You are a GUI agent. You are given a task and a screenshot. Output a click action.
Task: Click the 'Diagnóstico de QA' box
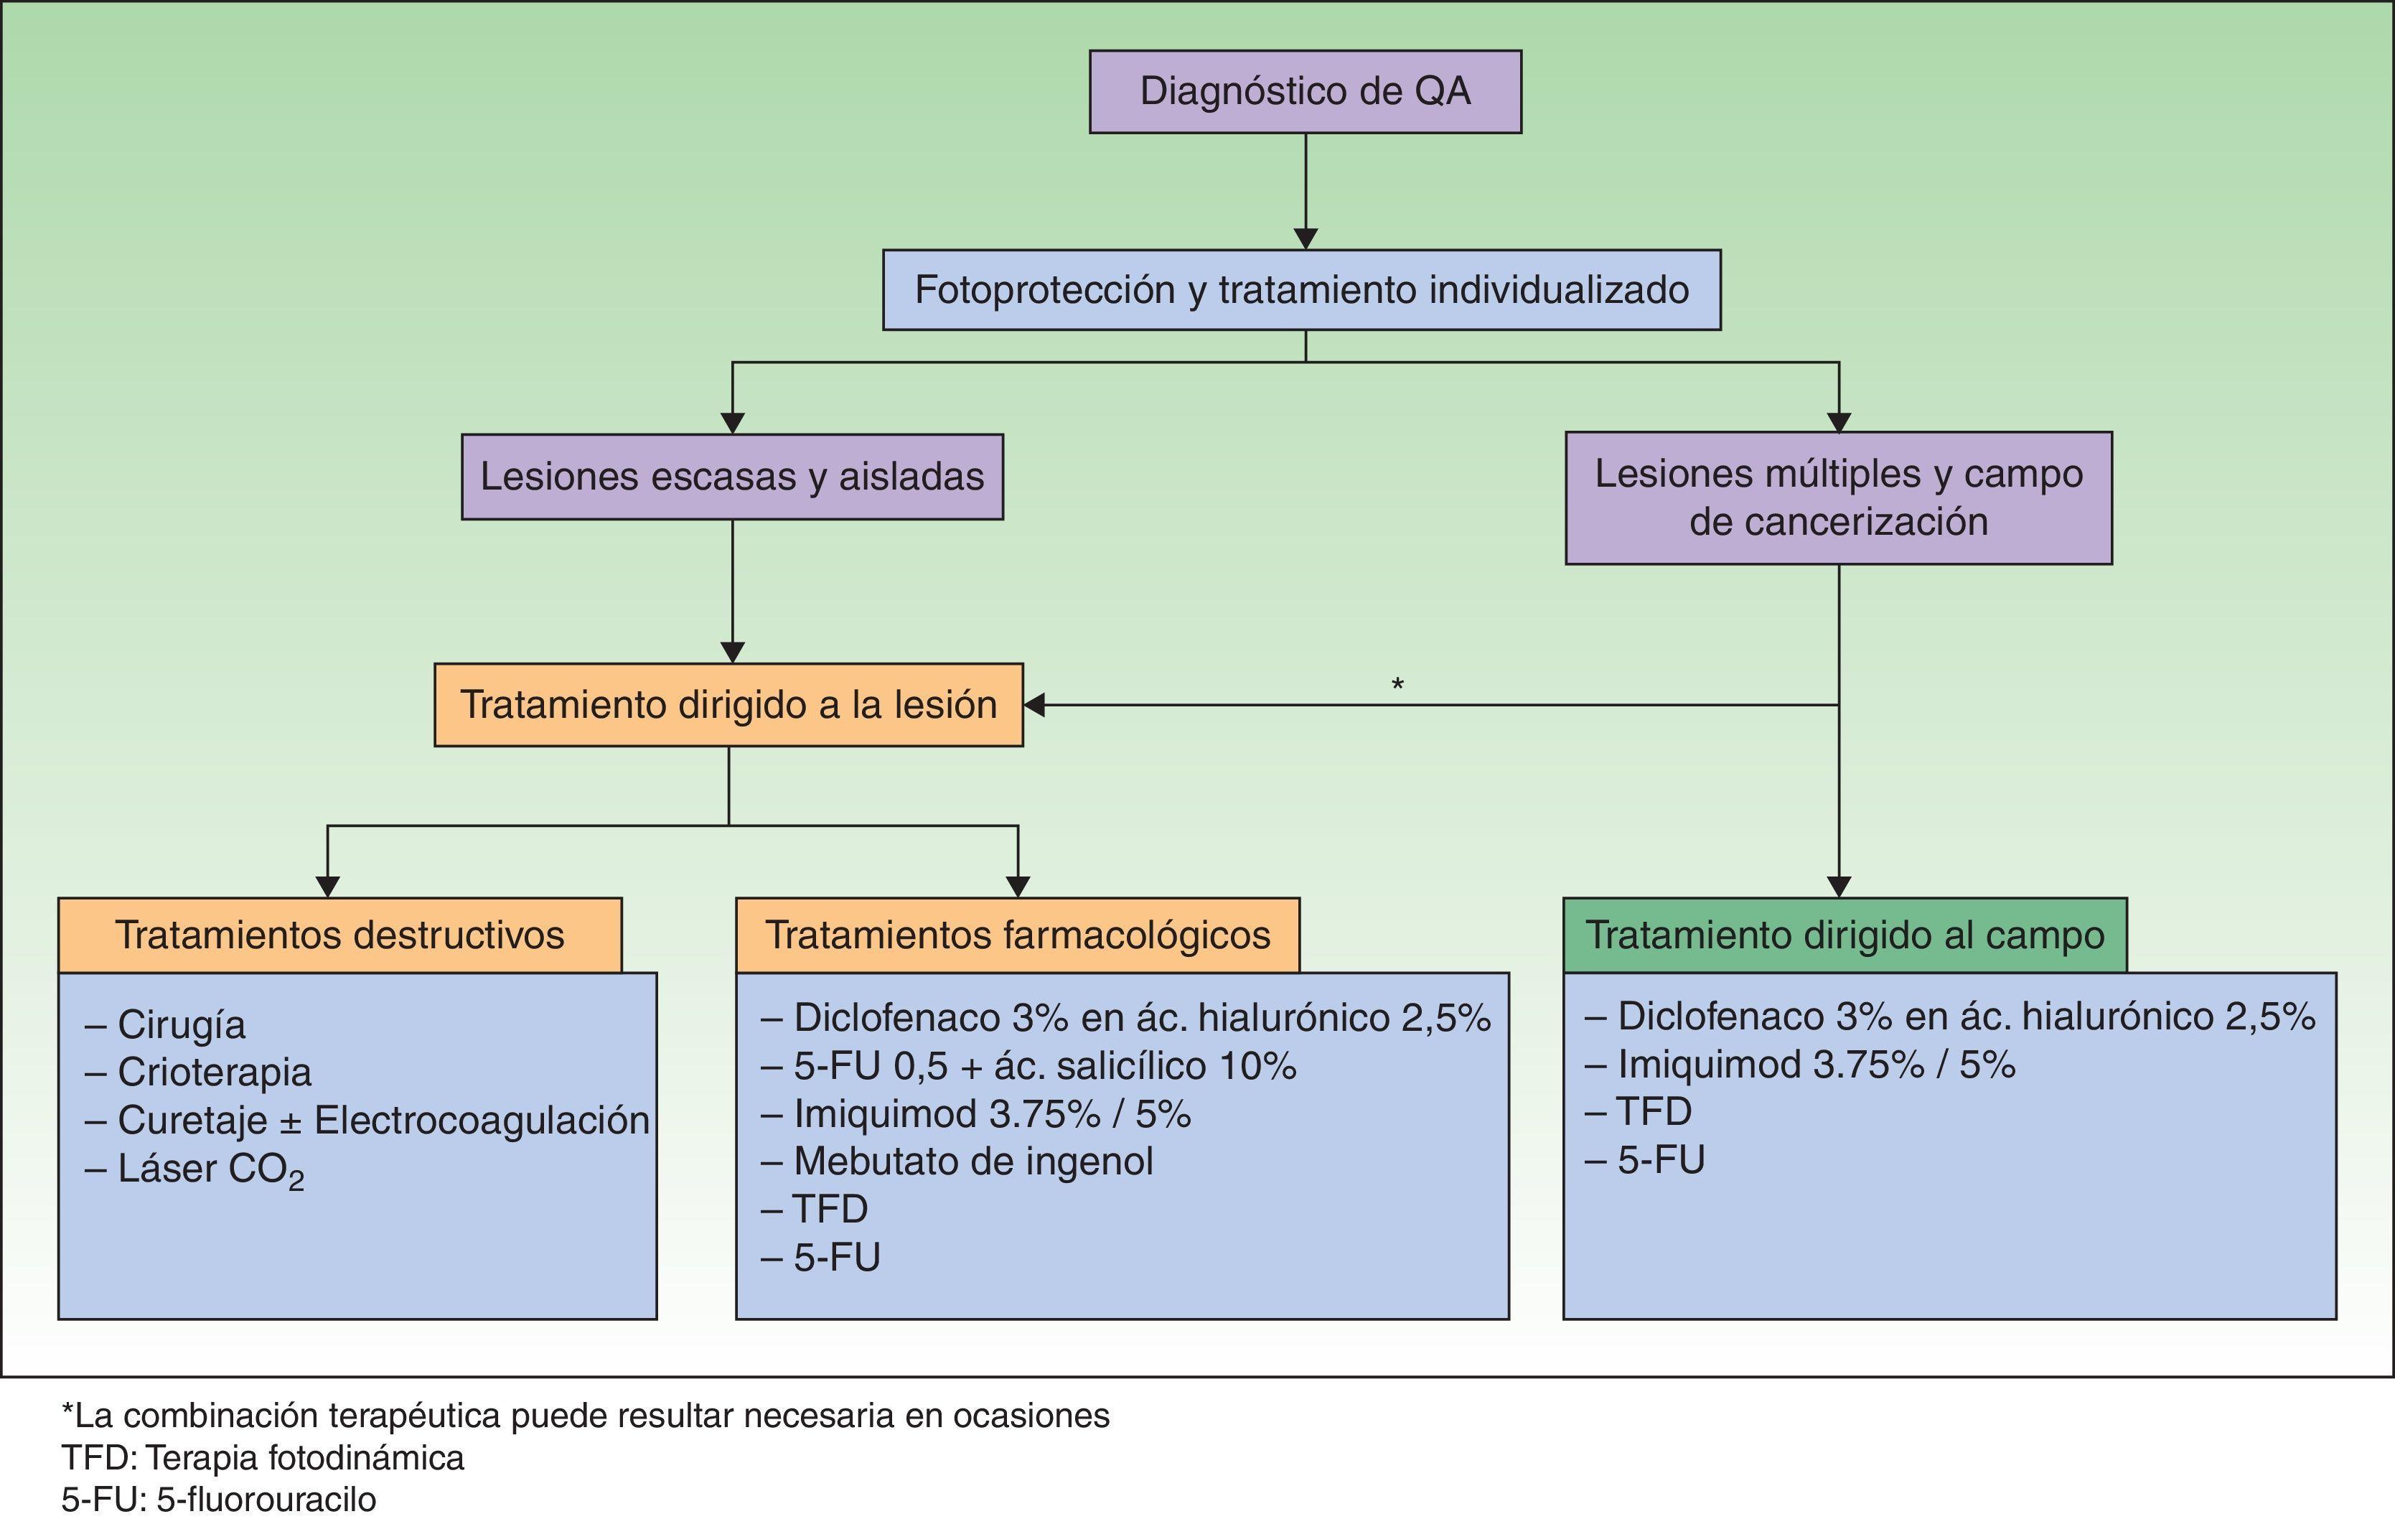coord(1305,91)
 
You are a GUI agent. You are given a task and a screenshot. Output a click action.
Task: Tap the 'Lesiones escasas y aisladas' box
coord(732,477)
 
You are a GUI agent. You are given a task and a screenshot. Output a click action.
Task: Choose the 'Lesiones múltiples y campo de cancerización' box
coord(1838,497)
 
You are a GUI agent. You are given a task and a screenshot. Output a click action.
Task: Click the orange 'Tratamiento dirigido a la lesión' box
coord(728,705)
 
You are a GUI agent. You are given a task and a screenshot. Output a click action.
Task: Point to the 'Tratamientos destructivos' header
coord(340,935)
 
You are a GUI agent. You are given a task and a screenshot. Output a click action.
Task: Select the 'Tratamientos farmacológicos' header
coord(1018,935)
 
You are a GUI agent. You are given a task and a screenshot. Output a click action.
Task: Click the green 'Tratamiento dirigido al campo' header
coord(1845,935)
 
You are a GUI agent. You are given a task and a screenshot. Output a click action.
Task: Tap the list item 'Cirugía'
coord(181,1024)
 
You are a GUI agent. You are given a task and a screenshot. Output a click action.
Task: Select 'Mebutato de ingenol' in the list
coord(972,1161)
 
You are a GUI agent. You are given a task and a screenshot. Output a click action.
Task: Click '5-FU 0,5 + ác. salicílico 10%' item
coord(1044,1066)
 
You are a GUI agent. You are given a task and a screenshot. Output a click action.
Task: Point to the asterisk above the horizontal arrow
coord(1397,684)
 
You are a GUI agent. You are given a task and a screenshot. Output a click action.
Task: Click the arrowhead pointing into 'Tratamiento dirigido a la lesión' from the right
coord(1034,705)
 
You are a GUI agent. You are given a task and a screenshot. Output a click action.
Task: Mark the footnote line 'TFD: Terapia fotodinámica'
coord(263,1458)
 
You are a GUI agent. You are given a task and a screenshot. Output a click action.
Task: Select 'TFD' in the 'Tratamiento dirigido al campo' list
coord(1653,1112)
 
